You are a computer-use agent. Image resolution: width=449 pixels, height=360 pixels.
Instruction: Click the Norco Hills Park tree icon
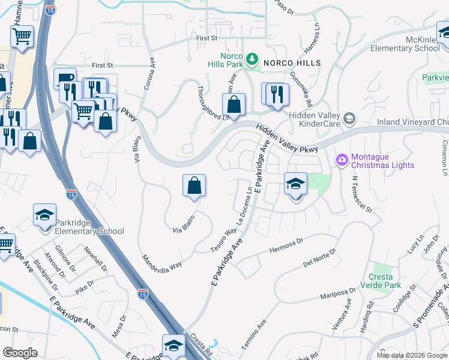(253, 59)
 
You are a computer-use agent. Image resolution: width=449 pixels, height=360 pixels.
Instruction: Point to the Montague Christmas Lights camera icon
(342, 160)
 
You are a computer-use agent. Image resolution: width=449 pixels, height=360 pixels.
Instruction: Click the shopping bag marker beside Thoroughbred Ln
(234, 104)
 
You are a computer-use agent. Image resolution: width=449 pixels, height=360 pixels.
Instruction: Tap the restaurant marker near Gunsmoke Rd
(276, 94)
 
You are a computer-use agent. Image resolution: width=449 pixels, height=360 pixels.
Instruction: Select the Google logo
(20, 353)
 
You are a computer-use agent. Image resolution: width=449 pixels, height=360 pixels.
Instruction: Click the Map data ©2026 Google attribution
(411, 355)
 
